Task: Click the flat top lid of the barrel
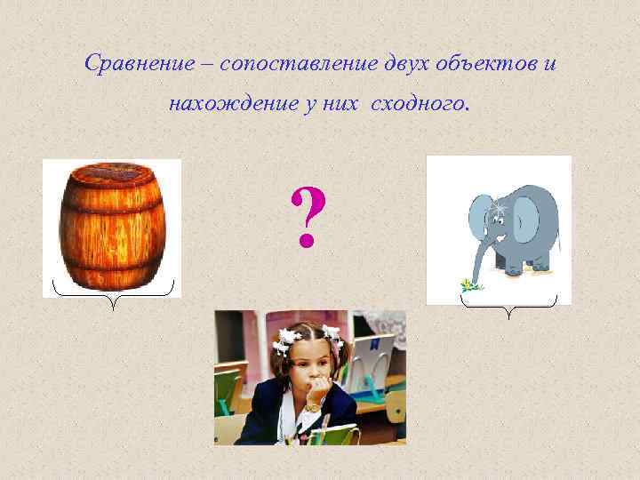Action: click(111, 173)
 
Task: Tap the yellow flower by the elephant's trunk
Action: click(468, 284)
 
